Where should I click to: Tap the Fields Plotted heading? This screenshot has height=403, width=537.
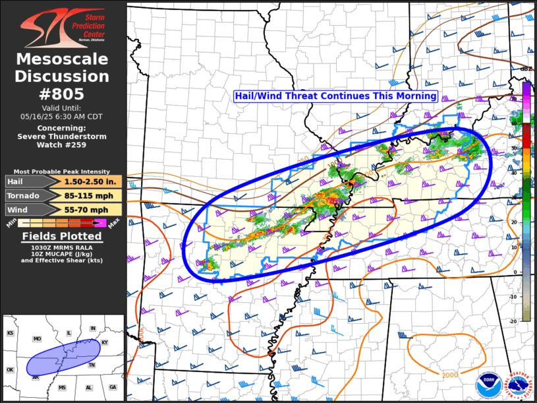point(62,236)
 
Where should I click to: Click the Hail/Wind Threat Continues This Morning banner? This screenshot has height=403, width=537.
point(336,96)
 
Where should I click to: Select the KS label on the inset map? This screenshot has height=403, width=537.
point(11,334)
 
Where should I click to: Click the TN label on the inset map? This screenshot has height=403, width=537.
point(92,365)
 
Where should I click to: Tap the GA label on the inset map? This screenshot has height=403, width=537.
point(113,387)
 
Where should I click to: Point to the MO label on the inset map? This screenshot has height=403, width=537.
point(38,339)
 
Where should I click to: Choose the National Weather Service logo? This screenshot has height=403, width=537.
point(518,385)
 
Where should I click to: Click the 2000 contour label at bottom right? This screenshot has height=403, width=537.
point(450,375)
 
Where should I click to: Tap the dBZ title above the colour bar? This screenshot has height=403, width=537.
point(526,69)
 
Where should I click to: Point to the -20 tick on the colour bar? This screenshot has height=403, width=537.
point(515,320)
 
